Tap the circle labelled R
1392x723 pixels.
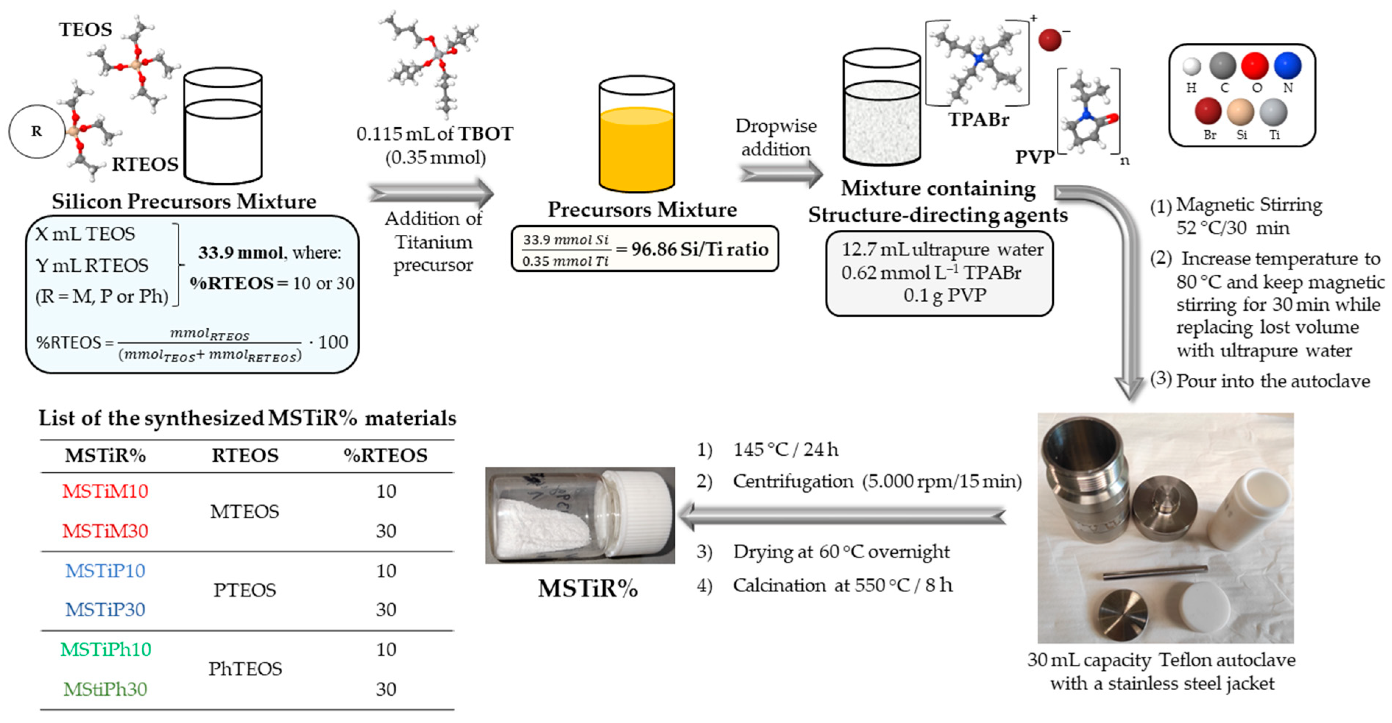(36, 131)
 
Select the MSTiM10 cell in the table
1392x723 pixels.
(105, 491)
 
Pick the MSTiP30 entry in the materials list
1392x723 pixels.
(105, 610)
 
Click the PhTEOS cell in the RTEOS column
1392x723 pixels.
(245, 669)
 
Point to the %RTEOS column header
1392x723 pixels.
(385, 455)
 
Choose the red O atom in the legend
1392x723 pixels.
(1254, 66)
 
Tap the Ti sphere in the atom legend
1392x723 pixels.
(1273, 112)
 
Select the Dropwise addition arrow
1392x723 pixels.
(781, 174)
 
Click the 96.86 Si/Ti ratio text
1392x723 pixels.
(700, 249)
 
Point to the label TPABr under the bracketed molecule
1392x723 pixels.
(978, 119)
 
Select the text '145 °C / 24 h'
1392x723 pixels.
(785, 449)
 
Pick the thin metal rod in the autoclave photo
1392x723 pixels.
(1154, 573)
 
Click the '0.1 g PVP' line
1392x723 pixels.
(944, 295)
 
